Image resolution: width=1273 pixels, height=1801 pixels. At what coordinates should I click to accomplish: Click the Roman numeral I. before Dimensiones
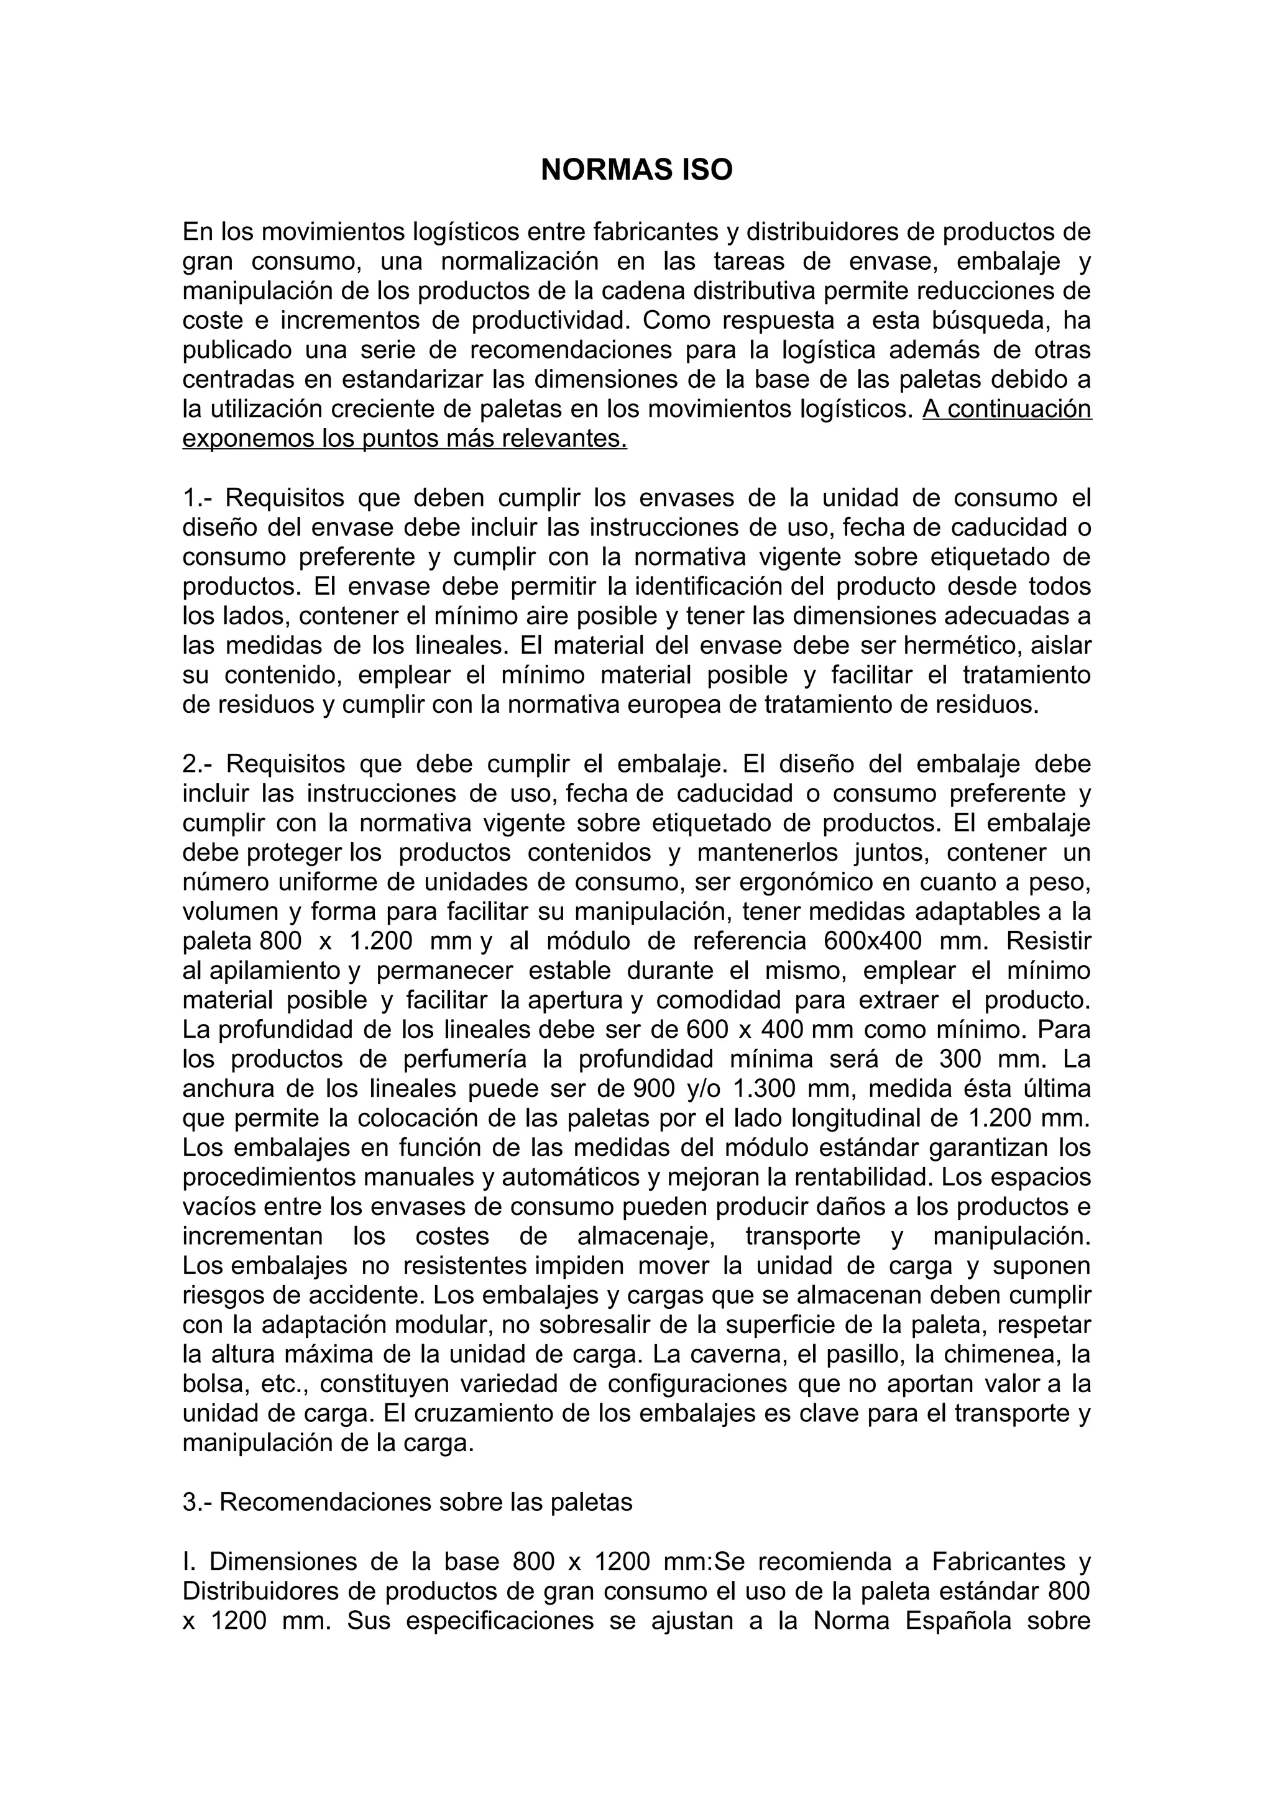(x=188, y=1562)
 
